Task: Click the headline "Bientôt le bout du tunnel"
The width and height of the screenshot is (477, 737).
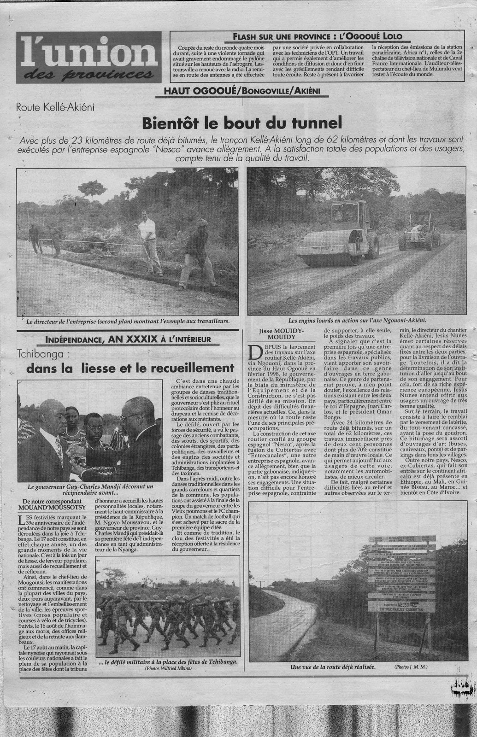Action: [241, 123]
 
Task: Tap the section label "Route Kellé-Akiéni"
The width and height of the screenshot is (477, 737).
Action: [55, 108]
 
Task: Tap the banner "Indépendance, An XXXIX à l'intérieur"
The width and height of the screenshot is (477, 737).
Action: [130, 340]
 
